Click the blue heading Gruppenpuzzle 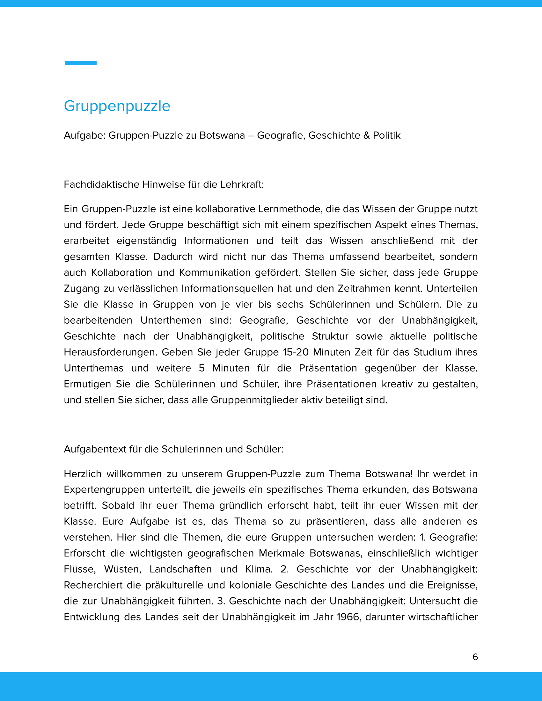point(117,106)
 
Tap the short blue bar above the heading point(81,63)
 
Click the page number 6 point(475,657)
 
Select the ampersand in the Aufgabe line point(366,135)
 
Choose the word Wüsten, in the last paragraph point(123,569)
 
